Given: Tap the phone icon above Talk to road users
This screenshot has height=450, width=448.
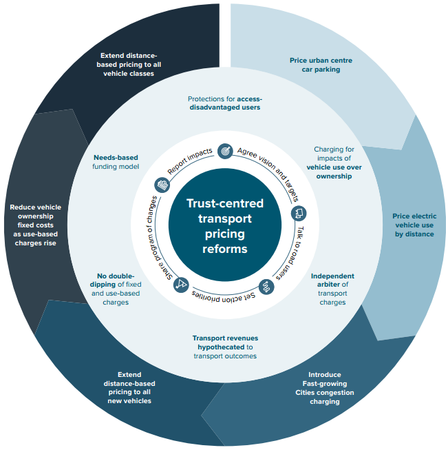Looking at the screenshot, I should (298, 213).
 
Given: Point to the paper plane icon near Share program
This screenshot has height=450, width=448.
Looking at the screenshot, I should (182, 283).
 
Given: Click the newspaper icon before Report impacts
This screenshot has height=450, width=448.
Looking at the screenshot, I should (162, 185).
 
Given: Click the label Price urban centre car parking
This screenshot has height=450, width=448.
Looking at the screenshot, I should (321, 65).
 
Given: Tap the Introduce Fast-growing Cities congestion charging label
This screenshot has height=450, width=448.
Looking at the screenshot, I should (324, 388).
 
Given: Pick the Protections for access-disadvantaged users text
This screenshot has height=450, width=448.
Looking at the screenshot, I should (225, 103).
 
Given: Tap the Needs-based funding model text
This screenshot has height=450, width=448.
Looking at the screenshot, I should (116, 162).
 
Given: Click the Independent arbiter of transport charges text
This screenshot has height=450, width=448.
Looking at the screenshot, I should (332, 289).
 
